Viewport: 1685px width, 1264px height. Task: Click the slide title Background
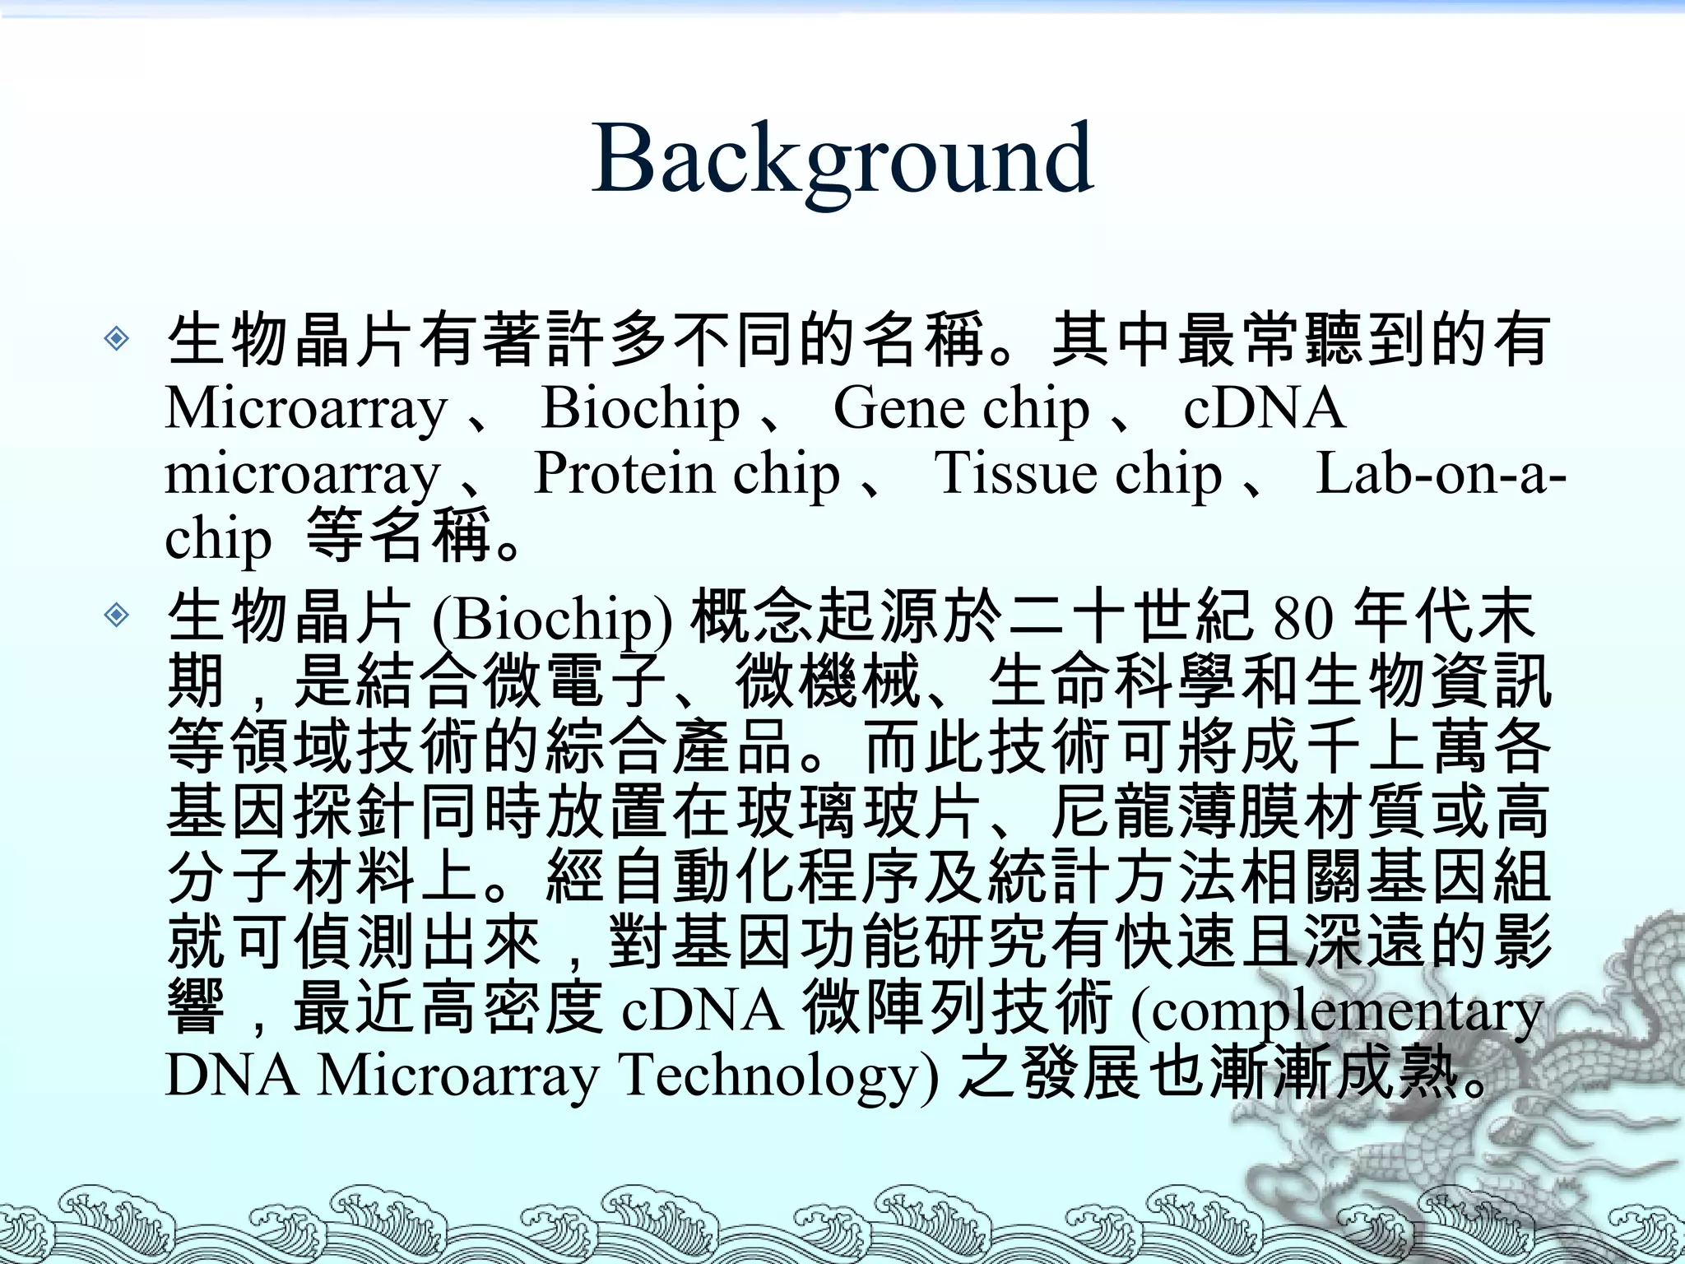[842, 158]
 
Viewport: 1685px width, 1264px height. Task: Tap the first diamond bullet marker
[117, 338]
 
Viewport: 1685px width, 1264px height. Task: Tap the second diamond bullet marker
[117, 615]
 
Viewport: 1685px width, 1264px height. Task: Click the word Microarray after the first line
[306, 409]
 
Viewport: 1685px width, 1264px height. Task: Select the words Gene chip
[961, 409]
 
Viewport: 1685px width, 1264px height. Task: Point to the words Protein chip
[687, 475]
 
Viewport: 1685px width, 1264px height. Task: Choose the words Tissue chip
[1078, 475]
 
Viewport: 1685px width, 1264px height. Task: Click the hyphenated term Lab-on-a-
[1440, 475]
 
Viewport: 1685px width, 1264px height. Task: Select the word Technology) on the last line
[778, 1076]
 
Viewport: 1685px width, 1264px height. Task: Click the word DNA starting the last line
[232, 1076]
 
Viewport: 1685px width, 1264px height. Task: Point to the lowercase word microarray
[303, 475]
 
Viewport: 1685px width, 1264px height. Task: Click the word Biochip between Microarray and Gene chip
[640, 409]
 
